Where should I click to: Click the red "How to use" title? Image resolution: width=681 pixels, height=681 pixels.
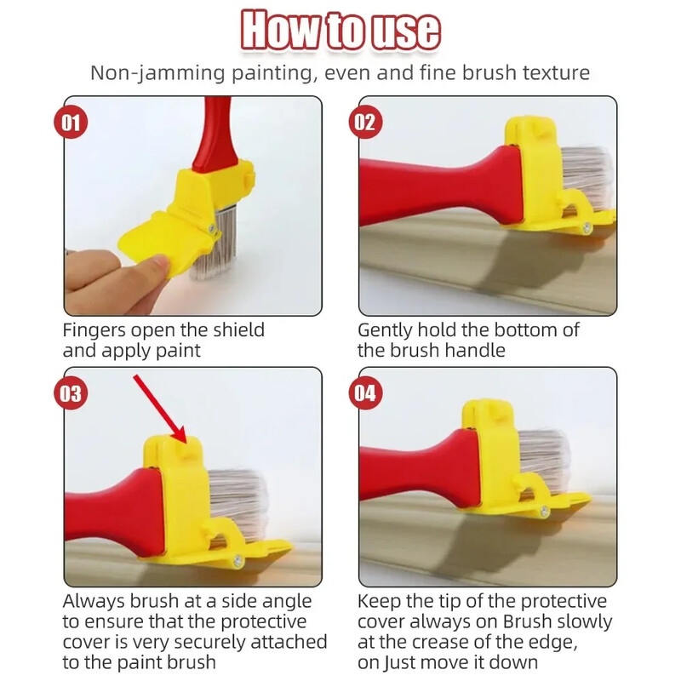(x=340, y=30)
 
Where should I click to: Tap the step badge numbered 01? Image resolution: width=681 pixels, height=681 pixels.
(x=71, y=122)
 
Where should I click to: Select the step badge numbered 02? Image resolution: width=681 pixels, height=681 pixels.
(x=366, y=122)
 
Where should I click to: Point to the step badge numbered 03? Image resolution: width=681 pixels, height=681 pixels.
(x=71, y=393)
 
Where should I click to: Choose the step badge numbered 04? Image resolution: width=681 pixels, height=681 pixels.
(x=366, y=393)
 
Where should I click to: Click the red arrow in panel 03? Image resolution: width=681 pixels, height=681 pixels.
(x=160, y=409)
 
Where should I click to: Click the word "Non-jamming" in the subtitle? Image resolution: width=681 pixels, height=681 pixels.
(x=157, y=73)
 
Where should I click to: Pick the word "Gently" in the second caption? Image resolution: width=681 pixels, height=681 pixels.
(x=385, y=330)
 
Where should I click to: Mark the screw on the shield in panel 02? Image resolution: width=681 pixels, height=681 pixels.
(x=587, y=226)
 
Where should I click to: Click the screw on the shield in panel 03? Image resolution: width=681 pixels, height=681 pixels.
(x=237, y=561)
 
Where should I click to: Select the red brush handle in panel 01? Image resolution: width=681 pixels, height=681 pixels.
(x=215, y=133)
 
